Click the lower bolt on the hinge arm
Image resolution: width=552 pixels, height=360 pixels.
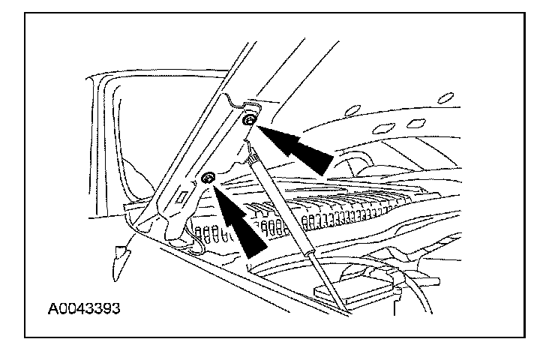pos(208,178)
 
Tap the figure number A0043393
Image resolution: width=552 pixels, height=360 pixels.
pos(74,308)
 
